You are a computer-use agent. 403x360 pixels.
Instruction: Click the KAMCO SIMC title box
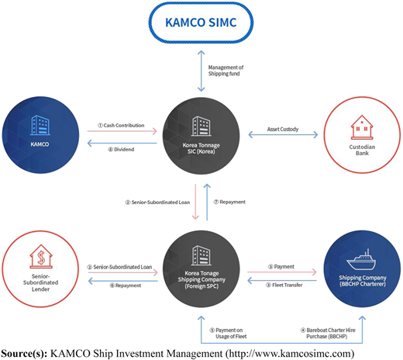click(201, 22)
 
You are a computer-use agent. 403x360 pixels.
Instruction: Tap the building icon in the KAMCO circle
click(40, 125)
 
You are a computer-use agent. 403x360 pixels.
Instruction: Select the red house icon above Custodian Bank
click(362, 127)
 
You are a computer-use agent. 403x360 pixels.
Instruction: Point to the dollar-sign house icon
click(41, 256)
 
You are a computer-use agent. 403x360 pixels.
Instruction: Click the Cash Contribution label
click(121, 126)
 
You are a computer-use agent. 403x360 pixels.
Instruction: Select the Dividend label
click(121, 150)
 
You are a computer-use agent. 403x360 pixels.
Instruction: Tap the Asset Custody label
click(283, 129)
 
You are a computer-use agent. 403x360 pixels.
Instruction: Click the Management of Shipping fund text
click(226, 71)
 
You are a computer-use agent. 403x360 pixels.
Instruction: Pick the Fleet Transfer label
click(284, 285)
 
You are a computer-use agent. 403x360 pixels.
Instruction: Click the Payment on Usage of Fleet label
click(228, 334)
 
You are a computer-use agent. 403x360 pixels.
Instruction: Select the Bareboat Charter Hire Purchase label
click(328, 334)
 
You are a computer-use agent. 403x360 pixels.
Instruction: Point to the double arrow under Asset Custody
click(283, 135)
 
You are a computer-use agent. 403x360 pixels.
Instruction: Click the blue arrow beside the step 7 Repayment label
click(207, 202)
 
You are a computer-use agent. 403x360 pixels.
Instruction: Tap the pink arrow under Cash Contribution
click(122, 131)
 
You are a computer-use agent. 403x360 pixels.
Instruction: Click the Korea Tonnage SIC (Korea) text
click(201, 148)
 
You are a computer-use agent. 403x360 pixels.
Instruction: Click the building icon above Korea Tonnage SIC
click(201, 126)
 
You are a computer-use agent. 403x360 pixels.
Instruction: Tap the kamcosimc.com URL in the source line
click(290, 353)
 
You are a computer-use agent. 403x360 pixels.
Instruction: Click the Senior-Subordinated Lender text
click(41, 282)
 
